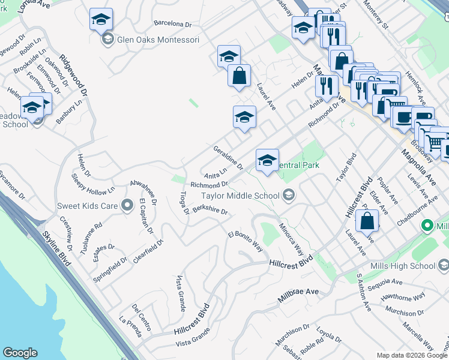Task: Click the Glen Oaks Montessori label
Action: click(158, 40)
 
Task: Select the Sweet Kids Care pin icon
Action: click(127, 206)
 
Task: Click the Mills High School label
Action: click(408, 266)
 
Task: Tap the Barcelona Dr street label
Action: click(172, 25)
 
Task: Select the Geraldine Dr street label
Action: click(228, 157)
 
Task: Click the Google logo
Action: click(20, 353)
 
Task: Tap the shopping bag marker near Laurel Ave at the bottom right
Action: click(367, 221)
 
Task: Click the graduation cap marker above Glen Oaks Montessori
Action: click(101, 20)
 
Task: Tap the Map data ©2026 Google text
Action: click(411, 355)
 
